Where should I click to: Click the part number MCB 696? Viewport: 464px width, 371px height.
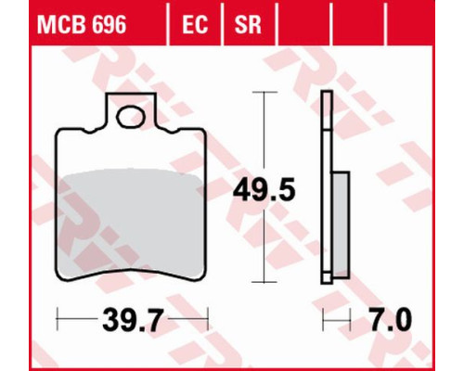pyautogui.click(x=82, y=24)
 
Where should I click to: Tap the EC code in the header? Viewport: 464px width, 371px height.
pyautogui.click(x=195, y=24)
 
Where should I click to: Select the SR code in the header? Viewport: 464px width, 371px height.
pyautogui.click(x=248, y=24)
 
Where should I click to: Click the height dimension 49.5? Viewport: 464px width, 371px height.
pyautogui.click(x=264, y=190)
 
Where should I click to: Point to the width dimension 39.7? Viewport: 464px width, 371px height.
pyautogui.click(x=132, y=320)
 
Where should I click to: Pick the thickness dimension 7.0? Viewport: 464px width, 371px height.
pyautogui.click(x=391, y=320)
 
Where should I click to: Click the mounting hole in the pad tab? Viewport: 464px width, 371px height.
pyautogui.click(x=131, y=117)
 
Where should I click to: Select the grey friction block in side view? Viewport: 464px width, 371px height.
pyautogui.click(x=341, y=225)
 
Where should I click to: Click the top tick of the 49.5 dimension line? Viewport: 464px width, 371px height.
pyautogui.click(x=264, y=92)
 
